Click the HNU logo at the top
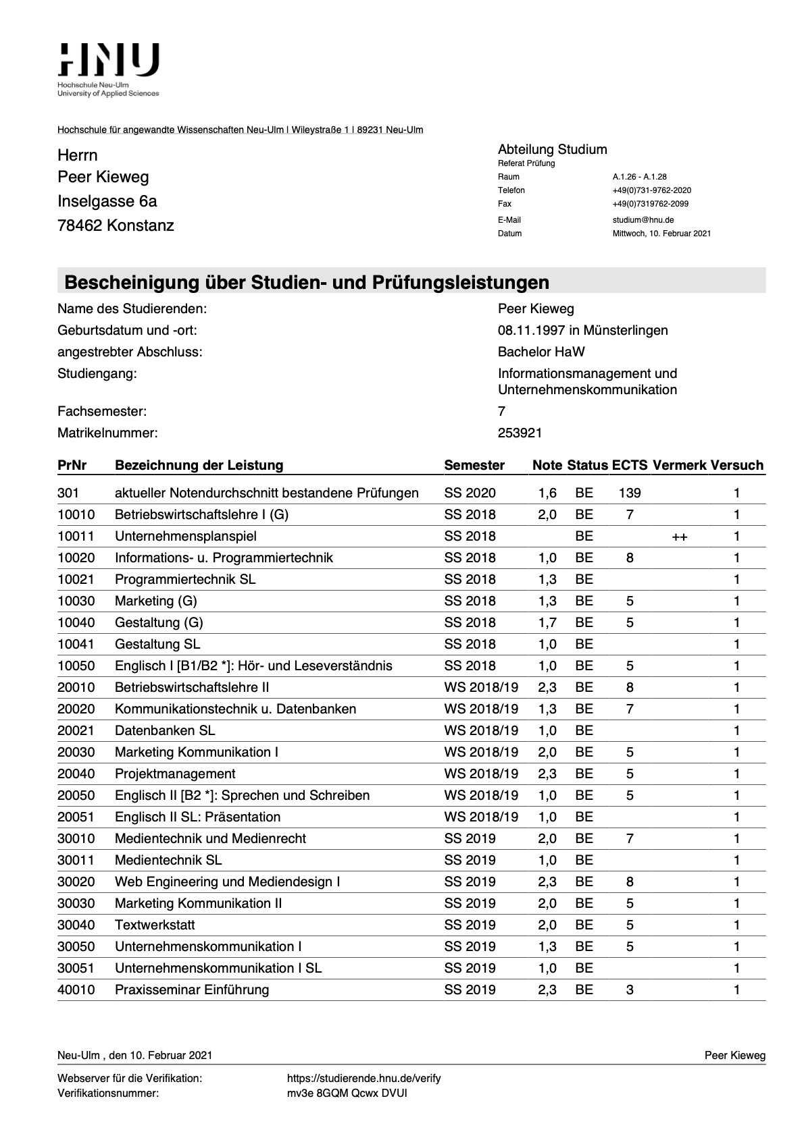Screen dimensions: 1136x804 click(109, 60)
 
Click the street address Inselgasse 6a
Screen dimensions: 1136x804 click(107, 201)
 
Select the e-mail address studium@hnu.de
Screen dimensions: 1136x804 click(643, 220)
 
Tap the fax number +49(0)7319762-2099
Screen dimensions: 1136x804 click(651, 204)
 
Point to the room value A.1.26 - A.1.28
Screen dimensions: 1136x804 click(639, 177)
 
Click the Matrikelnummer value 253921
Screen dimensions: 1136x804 click(520, 433)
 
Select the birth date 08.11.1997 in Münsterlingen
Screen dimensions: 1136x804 click(582, 330)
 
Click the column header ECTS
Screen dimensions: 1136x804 click(629, 465)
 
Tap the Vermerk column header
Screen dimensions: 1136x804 click(679, 465)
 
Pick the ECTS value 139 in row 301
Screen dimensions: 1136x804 click(629, 493)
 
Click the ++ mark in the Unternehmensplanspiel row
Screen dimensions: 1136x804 click(679, 537)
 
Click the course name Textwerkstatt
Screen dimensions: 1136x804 click(155, 925)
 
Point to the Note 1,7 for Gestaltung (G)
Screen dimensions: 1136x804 click(547, 622)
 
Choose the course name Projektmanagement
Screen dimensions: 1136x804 click(175, 774)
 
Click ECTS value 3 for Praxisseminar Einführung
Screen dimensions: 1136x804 click(629, 990)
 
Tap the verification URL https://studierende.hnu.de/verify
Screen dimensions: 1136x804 click(363, 1078)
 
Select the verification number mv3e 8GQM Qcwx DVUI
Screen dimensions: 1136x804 click(347, 1093)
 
